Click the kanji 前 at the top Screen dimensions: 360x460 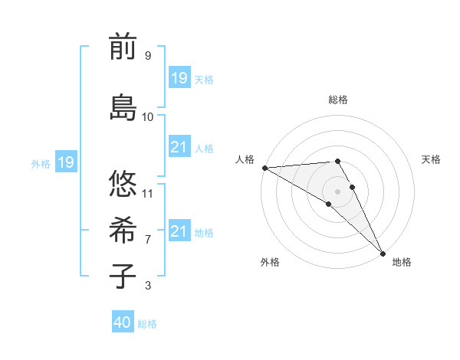click(x=123, y=47)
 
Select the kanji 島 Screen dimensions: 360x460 click(x=123, y=106)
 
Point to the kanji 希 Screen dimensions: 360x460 click(x=123, y=230)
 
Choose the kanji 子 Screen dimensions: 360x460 click(x=123, y=276)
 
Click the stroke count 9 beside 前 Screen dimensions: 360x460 click(x=147, y=56)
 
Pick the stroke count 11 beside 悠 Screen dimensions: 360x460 click(x=148, y=193)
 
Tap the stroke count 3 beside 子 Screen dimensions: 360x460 click(x=147, y=286)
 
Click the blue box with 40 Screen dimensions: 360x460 click(x=123, y=322)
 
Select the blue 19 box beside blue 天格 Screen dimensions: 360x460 click(x=179, y=78)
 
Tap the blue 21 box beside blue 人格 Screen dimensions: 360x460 click(x=179, y=147)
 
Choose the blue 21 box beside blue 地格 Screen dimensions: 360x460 click(x=179, y=231)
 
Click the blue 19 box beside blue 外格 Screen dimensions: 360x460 click(x=65, y=162)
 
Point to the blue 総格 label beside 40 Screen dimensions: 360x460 click(x=147, y=324)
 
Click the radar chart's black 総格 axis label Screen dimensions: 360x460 click(x=338, y=100)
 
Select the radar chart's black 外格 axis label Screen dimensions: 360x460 click(x=270, y=262)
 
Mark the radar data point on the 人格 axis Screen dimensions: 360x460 click(x=264, y=167)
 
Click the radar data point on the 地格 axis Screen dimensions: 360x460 click(x=383, y=253)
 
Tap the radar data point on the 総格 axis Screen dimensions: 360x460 click(x=337, y=161)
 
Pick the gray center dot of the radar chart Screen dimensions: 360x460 click(x=337, y=191)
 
